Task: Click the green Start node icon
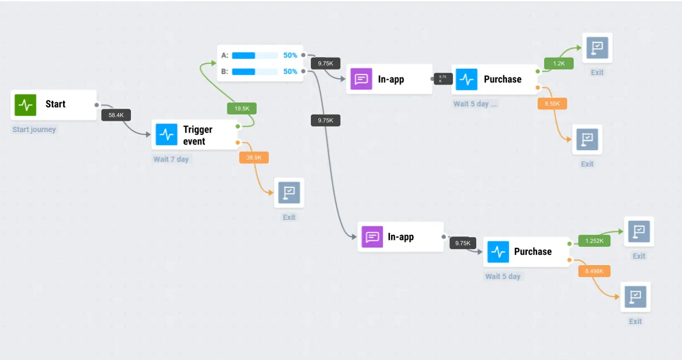[25, 105]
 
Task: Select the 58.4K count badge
[116, 115]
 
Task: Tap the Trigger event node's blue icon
[166, 134]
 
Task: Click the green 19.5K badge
[242, 109]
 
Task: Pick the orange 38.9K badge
[254, 158]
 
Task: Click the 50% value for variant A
[290, 55]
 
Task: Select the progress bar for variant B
[255, 72]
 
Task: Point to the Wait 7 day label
[171, 159]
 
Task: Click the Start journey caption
[34, 130]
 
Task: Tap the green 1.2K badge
[559, 63]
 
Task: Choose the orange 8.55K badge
[552, 104]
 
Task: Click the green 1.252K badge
[594, 241]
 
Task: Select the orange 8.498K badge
[594, 271]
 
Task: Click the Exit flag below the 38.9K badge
[289, 192]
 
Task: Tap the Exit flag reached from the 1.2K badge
[597, 48]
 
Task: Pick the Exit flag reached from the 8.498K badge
[635, 297]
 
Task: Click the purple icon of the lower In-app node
[372, 237]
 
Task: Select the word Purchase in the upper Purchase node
[502, 79]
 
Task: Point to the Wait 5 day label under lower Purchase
[502, 276]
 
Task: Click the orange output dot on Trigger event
[238, 143]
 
